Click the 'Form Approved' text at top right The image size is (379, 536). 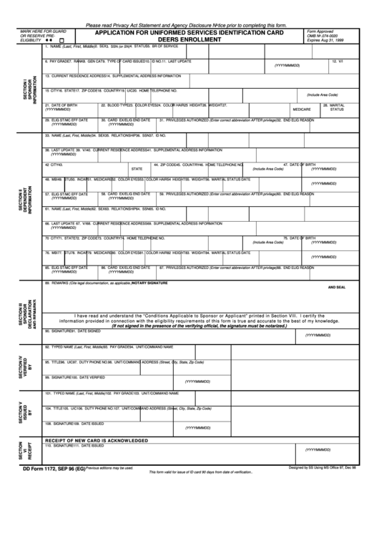coord(320,32)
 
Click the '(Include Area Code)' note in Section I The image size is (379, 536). coord(323,94)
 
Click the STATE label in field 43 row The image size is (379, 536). coord(136,169)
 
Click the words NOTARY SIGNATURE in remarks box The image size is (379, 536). coord(149,283)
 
